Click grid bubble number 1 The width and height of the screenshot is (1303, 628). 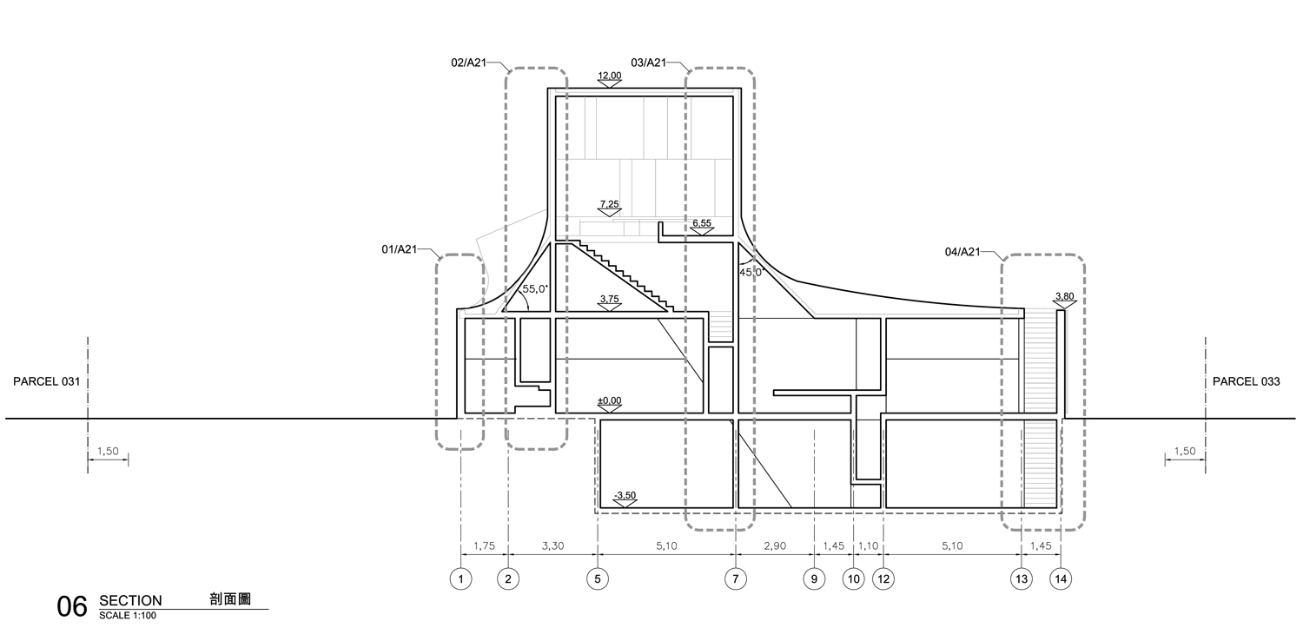[x=460, y=578]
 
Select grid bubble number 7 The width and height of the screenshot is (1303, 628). [x=735, y=578]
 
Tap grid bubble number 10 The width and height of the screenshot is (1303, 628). [x=853, y=578]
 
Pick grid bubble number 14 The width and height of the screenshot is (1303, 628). [x=1061, y=578]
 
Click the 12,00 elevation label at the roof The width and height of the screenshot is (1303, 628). [x=610, y=76]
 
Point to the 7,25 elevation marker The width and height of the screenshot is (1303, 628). [x=610, y=204]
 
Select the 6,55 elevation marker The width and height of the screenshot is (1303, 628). [x=702, y=223]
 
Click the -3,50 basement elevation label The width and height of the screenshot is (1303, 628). [x=625, y=495]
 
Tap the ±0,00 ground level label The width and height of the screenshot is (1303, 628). [x=610, y=400]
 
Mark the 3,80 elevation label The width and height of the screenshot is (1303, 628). [x=1064, y=296]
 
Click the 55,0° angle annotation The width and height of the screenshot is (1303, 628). [x=535, y=289]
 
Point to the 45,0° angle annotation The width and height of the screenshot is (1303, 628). [x=751, y=272]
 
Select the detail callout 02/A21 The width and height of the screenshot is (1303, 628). [x=469, y=63]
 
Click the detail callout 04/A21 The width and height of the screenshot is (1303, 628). [x=962, y=252]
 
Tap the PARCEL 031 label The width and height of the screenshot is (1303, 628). [x=47, y=381]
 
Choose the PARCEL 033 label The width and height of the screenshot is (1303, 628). [x=1247, y=381]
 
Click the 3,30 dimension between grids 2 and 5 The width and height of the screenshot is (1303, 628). [x=552, y=546]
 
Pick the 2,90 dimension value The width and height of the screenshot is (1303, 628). [x=775, y=546]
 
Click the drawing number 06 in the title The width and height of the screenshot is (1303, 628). [x=71, y=606]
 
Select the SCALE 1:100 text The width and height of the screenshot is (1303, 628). [x=128, y=616]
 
